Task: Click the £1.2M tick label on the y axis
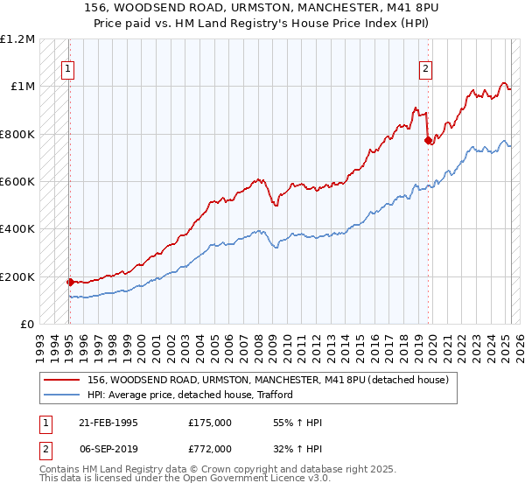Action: pyautogui.click(x=17, y=39)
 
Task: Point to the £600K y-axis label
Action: pyautogui.click(x=17, y=182)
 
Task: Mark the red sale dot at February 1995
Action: pyautogui.click(x=70, y=282)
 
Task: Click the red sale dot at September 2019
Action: pyautogui.click(x=428, y=140)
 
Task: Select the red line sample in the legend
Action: pyautogui.click(x=61, y=380)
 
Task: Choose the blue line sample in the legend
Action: pyautogui.click(x=61, y=395)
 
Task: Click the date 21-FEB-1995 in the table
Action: pyautogui.click(x=108, y=423)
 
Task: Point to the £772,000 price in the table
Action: pyautogui.click(x=210, y=447)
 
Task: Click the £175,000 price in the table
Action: pyautogui.click(x=210, y=423)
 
